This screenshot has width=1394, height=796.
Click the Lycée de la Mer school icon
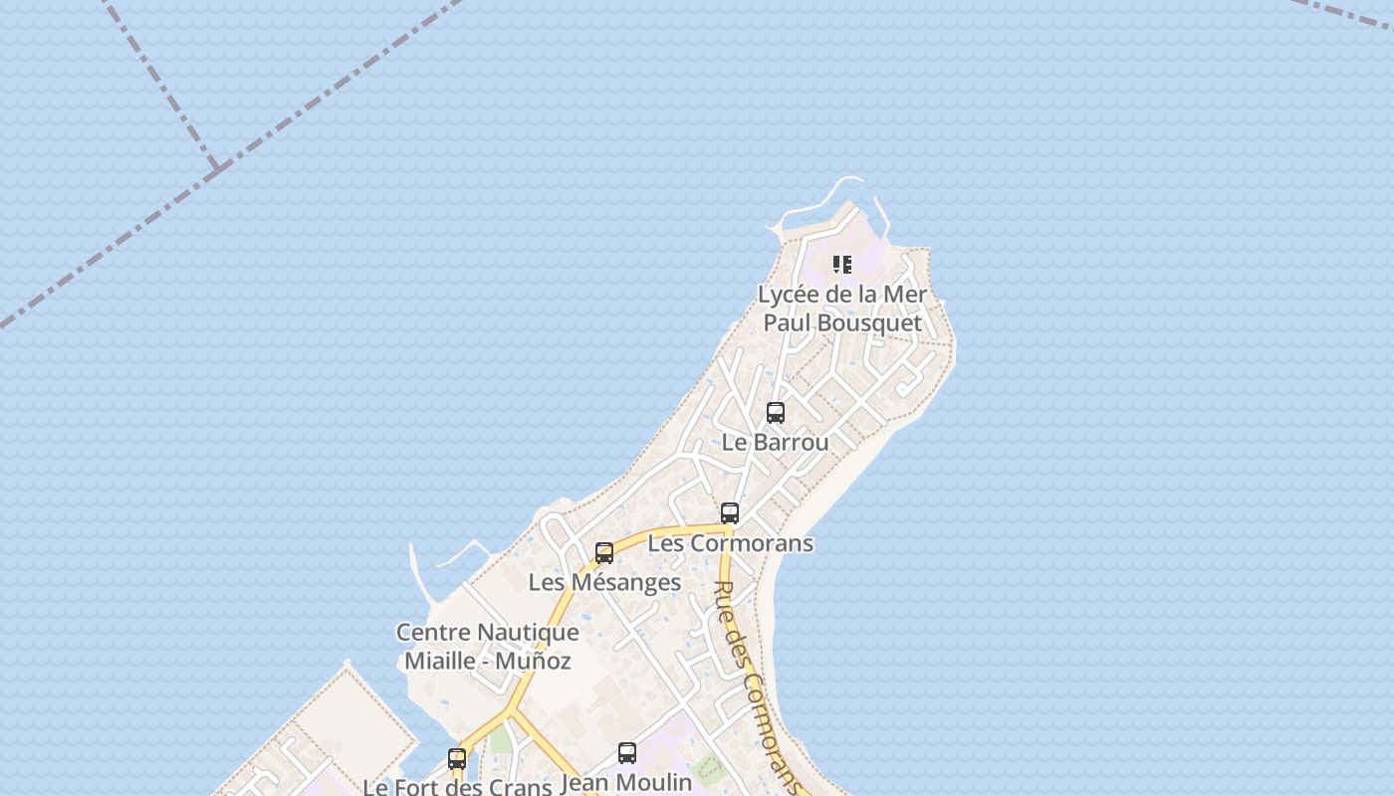coord(842,265)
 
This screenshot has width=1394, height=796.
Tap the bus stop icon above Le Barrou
coord(776,413)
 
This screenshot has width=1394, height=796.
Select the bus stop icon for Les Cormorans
coord(730,513)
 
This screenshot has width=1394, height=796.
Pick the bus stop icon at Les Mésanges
coord(604,553)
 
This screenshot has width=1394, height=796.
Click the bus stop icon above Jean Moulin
coord(627,753)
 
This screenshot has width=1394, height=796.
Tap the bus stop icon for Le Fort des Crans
coord(457,759)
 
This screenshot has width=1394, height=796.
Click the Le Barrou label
coord(775,443)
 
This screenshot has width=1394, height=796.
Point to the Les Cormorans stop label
coord(730,543)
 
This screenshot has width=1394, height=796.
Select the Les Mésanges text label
coord(604,583)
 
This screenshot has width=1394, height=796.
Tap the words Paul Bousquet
coord(842,323)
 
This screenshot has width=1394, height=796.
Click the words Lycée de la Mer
coord(842,295)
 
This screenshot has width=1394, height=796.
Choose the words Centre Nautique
coord(487,633)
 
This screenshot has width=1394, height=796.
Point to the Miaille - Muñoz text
coord(487,661)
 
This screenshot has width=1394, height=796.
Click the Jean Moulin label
coord(626,783)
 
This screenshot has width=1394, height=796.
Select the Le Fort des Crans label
coord(457,787)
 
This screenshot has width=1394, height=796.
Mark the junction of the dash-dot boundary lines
coord(215,169)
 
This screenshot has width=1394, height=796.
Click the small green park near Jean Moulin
coord(708,767)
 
